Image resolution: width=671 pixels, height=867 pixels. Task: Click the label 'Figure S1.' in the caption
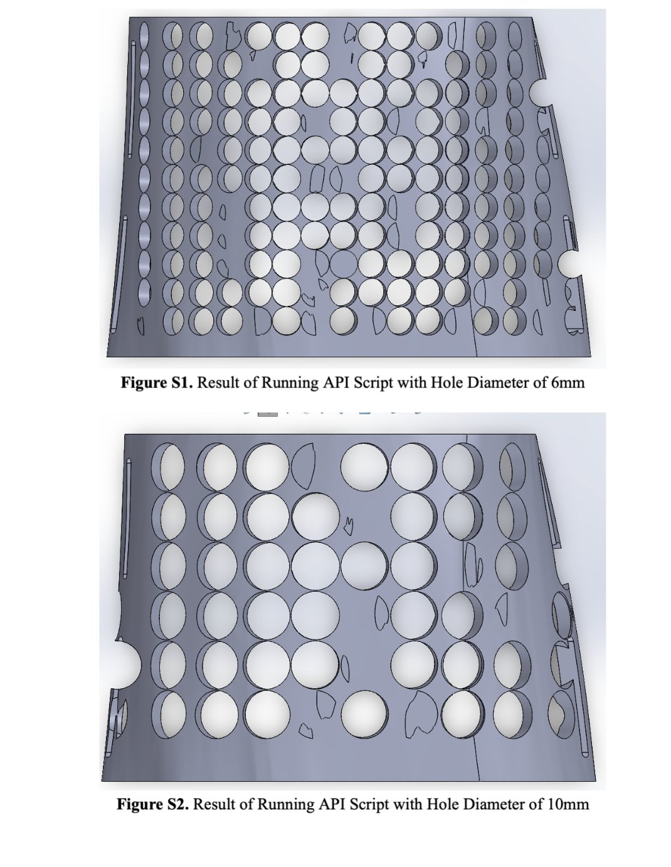(x=157, y=382)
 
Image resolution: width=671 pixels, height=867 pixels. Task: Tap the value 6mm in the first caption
(x=568, y=382)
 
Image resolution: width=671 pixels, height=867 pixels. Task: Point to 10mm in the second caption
(x=568, y=804)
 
